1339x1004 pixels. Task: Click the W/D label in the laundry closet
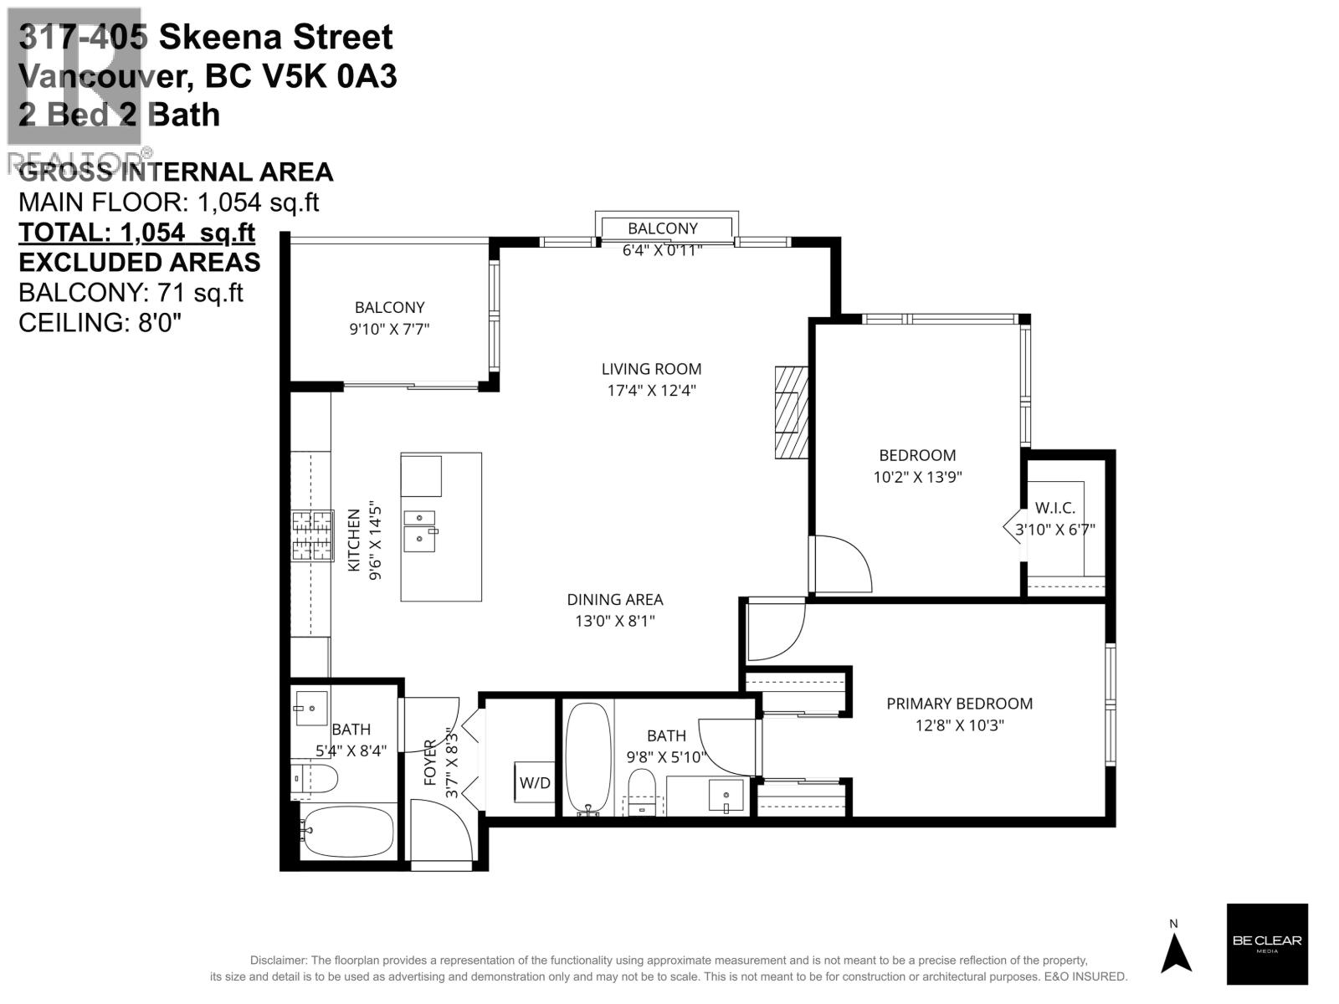click(535, 783)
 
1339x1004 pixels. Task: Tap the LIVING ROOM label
click(651, 369)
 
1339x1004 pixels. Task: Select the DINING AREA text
click(615, 600)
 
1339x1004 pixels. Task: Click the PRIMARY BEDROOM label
click(959, 704)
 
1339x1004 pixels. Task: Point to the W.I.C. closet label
click(1054, 508)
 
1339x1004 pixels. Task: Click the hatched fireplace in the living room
click(791, 412)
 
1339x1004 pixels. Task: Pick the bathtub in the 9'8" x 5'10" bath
click(589, 757)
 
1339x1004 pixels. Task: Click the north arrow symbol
click(1175, 953)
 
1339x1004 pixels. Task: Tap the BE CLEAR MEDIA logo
click(1267, 944)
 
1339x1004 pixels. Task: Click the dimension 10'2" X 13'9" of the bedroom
click(917, 477)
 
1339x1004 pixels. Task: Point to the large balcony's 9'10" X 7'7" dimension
click(389, 329)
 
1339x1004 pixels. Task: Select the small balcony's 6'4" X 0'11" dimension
click(662, 248)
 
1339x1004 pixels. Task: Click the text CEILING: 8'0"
click(100, 322)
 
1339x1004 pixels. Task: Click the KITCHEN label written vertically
click(353, 540)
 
